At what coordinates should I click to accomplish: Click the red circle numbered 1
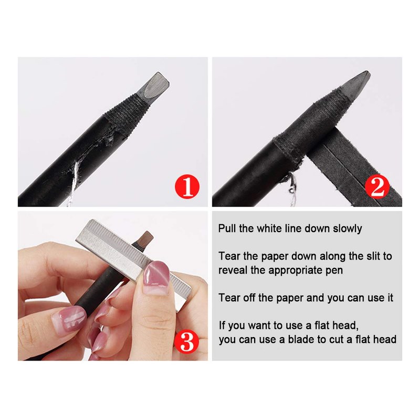pos(187,187)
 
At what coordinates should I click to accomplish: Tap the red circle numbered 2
pos(377,187)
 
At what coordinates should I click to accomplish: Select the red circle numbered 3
pos(187,341)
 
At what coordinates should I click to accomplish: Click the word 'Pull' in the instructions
pos(227,228)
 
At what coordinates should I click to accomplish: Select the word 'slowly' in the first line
pos(348,229)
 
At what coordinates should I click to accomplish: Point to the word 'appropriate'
pos(296,270)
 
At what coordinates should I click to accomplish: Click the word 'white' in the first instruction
pos(269,228)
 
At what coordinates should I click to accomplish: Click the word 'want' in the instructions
pos(260,325)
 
